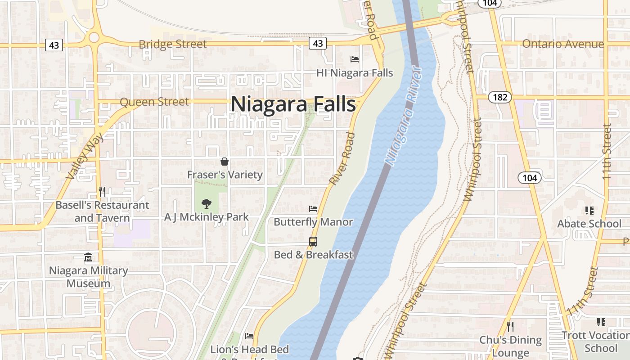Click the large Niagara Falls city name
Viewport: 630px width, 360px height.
[293, 104]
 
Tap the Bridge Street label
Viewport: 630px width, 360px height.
[173, 44]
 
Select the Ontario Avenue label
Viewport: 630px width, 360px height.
[562, 44]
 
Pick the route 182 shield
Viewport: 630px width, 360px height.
[499, 97]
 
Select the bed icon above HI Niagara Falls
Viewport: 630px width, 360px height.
[355, 59]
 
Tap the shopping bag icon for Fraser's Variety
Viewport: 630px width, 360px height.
[225, 161]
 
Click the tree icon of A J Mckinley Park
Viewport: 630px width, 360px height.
[207, 204]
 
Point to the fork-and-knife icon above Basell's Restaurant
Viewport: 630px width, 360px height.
[102, 192]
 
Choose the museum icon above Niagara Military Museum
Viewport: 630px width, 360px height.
[88, 257]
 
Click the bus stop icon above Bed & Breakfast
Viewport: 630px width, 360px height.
[313, 241]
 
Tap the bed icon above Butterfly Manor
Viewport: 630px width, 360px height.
[313, 209]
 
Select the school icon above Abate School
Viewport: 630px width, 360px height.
[589, 210]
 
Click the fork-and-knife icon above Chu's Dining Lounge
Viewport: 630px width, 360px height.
[510, 326]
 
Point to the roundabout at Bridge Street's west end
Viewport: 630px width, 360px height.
[94, 37]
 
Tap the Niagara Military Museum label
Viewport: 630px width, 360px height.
[88, 277]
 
